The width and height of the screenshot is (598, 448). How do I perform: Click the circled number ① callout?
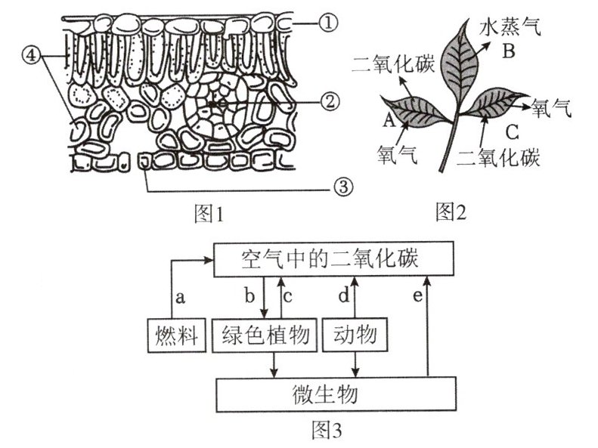(x=328, y=23)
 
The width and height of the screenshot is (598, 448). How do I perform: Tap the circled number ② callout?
(x=330, y=102)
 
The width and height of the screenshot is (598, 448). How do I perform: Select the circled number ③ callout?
(x=343, y=188)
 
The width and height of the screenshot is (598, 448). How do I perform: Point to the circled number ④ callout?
(x=32, y=56)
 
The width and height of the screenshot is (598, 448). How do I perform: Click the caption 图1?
(x=209, y=214)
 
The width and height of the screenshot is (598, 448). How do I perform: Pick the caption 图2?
(x=451, y=212)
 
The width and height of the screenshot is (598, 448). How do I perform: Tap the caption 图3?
(x=327, y=430)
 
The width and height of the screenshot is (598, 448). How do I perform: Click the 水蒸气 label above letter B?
(x=509, y=27)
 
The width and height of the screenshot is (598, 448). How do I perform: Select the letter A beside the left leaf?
(x=389, y=119)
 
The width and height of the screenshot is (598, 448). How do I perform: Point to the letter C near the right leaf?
(x=511, y=132)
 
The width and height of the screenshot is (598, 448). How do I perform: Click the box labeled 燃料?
(x=177, y=335)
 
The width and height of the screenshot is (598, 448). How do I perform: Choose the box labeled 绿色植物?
(x=265, y=335)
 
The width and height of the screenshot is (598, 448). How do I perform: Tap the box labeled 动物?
(x=355, y=335)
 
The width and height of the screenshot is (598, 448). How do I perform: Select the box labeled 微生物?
(x=336, y=394)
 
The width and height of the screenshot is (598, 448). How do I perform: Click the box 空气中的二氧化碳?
(x=333, y=258)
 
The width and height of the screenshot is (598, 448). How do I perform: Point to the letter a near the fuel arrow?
(x=181, y=297)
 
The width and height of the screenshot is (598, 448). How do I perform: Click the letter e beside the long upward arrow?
(x=418, y=296)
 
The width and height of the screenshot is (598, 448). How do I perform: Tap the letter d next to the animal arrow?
(x=344, y=295)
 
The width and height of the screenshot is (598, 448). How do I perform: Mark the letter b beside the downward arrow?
(x=249, y=295)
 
